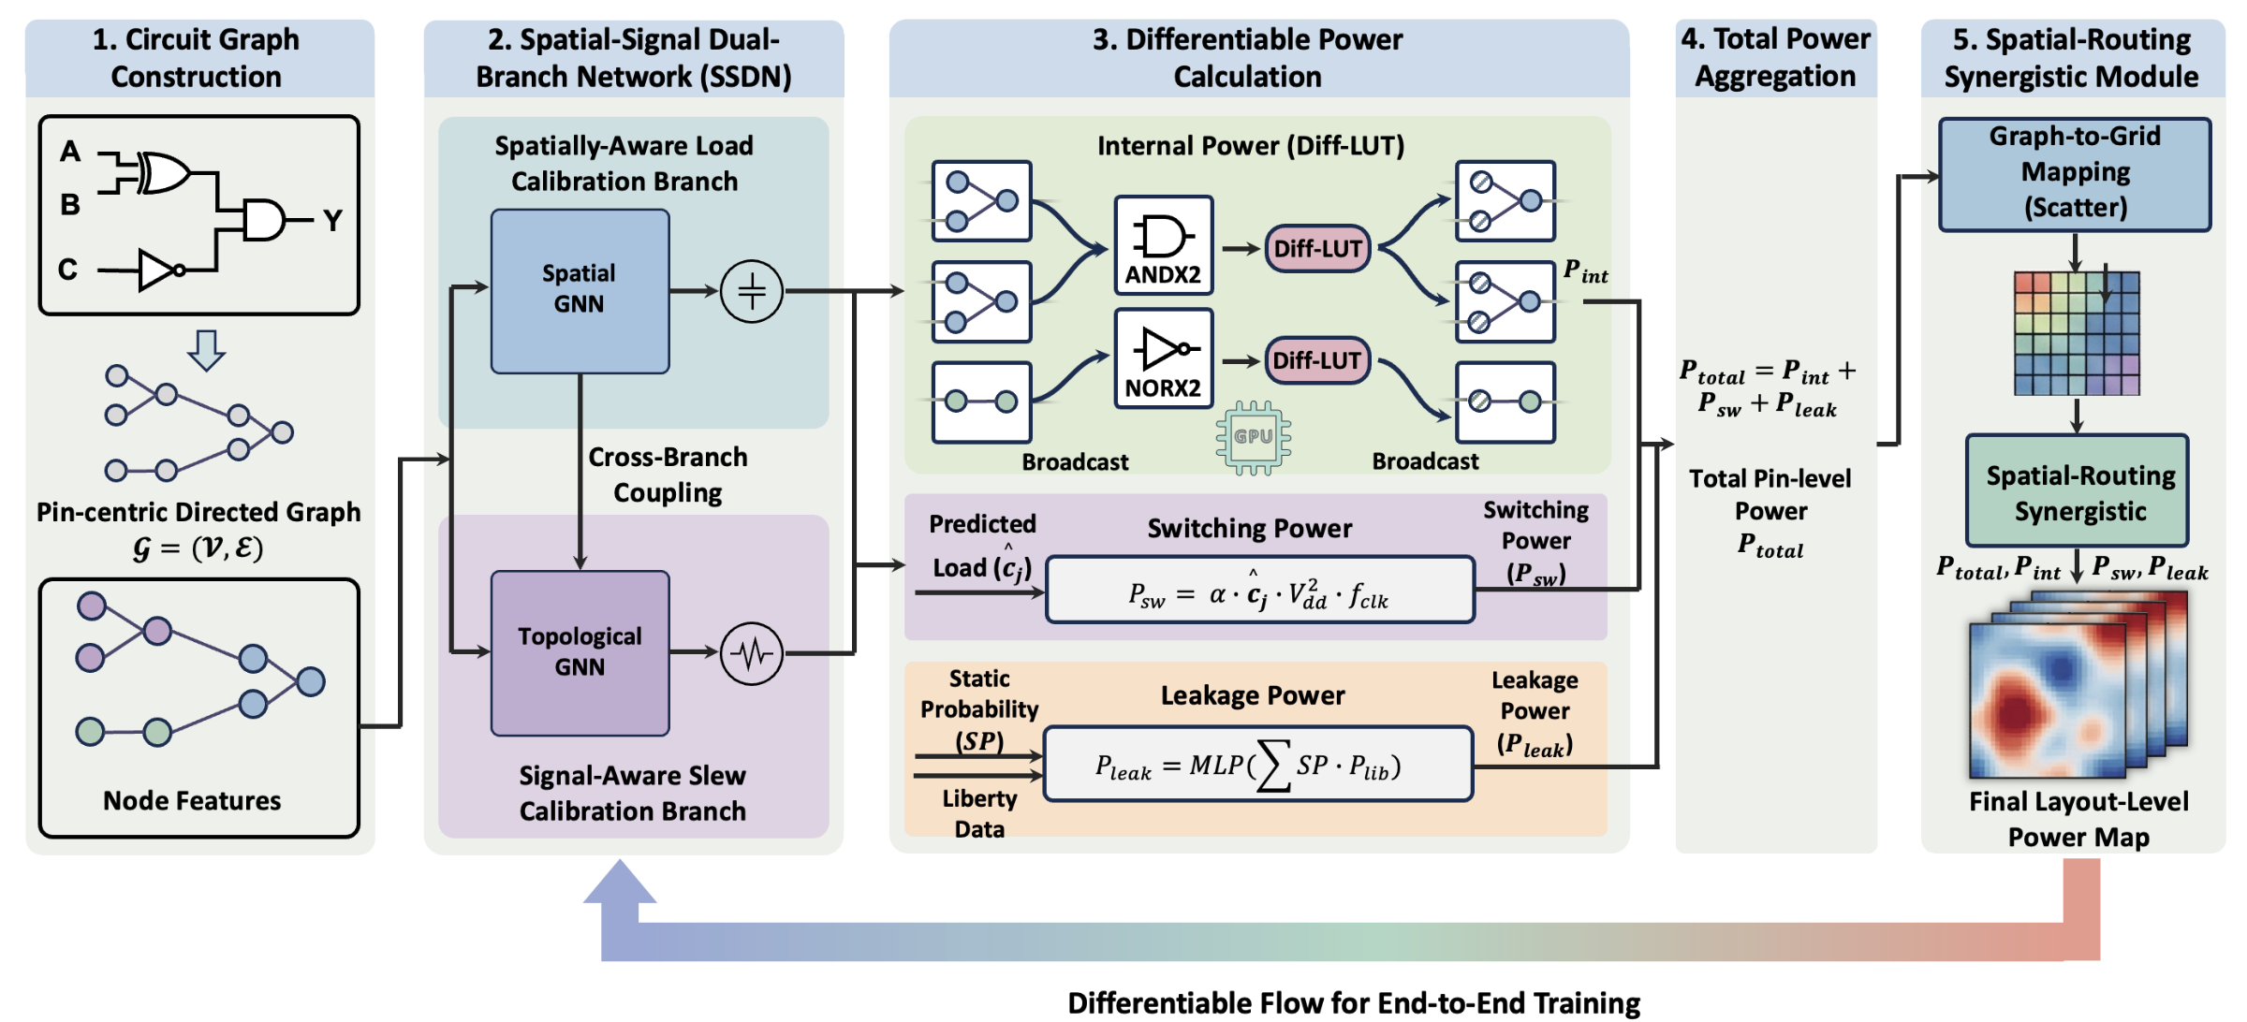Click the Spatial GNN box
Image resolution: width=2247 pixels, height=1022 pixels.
(580, 291)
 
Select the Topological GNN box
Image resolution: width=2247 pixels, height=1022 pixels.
(580, 652)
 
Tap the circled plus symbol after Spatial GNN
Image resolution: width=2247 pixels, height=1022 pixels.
(752, 291)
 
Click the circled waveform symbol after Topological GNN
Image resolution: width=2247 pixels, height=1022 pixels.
(752, 652)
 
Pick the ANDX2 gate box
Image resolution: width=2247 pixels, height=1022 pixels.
(1164, 246)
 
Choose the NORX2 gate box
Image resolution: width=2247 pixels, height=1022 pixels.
(1164, 359)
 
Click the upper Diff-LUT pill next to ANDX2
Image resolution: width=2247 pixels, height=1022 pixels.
(1317, 248)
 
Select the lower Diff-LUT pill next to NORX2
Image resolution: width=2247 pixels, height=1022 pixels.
(1317, 361)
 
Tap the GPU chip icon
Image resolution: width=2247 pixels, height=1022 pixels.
(1253, 437)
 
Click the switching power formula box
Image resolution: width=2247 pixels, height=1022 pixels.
(1260, 591)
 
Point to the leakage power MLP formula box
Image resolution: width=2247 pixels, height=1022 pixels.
(1258, 765)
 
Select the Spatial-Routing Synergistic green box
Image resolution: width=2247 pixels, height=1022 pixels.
(2078, 491)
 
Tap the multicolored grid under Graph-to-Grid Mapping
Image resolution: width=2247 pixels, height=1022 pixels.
(2077, 333)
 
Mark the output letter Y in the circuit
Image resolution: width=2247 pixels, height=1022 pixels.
(333, 220)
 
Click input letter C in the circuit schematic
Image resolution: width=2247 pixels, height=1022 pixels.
(67, 270)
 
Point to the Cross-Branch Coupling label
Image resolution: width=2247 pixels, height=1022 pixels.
(668, 474)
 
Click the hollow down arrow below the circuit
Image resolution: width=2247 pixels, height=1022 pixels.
(206, 350)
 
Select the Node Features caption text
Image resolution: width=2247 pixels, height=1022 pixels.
(192, 801)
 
